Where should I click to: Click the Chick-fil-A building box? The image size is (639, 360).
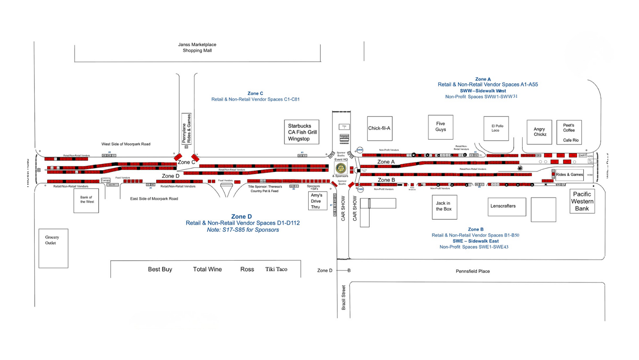pos(380,128)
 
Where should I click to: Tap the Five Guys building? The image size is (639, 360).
pos(441,127)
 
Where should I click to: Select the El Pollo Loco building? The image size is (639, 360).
pos(496,128)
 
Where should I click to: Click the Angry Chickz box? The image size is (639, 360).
pos(539,132)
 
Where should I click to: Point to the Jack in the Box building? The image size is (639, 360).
pos(444,207)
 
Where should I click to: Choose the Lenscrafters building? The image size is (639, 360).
pos(507,206)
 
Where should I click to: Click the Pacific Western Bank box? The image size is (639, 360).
pos(582,201)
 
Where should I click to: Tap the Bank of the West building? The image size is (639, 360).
pos(86,200)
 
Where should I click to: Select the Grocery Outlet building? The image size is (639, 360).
pos(53,248)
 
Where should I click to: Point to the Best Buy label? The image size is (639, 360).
pos(160,269)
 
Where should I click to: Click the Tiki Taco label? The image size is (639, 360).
pos(276,269)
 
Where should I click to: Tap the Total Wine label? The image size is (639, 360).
pos(207,269)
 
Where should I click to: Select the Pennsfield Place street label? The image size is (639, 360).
pos(473,271)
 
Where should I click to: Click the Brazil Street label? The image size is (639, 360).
pos(344,298)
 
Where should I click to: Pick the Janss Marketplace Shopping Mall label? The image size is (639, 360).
pos(197,48)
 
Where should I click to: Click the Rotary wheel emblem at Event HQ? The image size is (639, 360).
pos(341,168)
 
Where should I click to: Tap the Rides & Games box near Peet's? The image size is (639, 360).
pos(569,175)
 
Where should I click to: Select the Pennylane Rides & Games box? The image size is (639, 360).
pos(187,129)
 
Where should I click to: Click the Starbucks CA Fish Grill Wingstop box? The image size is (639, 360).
pos(302,132)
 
